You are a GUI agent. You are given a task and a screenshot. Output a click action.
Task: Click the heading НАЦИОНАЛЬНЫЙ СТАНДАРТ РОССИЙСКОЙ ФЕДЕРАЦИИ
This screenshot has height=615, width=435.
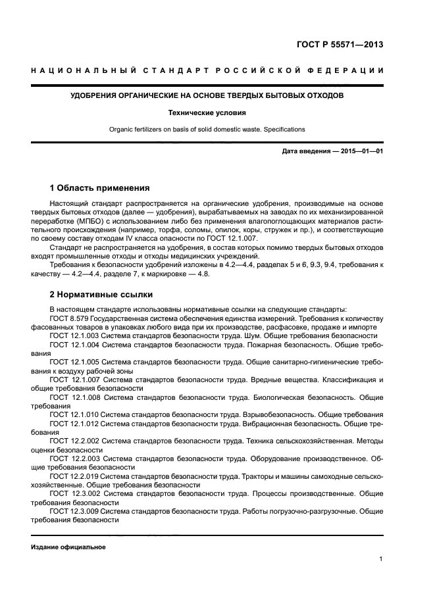coord(207,70)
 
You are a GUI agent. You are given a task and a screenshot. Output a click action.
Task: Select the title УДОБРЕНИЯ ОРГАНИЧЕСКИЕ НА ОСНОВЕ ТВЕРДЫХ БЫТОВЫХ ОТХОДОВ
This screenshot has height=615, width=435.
coord(207,96)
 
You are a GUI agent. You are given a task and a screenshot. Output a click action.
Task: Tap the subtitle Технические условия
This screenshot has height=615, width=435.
coord(207,112)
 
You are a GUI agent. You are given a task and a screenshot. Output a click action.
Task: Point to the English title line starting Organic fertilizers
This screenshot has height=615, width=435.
coord(207,129)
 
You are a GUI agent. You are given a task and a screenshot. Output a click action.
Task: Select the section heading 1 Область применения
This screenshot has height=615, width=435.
coord(100,187)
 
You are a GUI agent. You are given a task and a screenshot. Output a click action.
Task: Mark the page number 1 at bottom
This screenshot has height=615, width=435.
coord(381,559)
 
